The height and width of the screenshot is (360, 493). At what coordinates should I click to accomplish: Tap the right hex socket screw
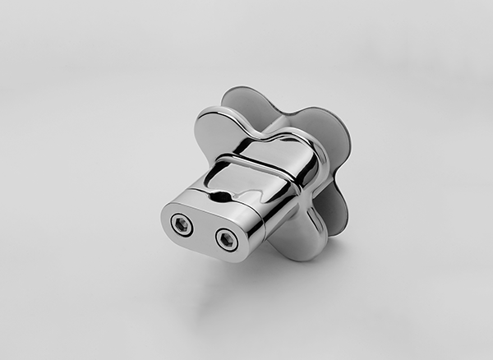(x=226, y=239)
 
